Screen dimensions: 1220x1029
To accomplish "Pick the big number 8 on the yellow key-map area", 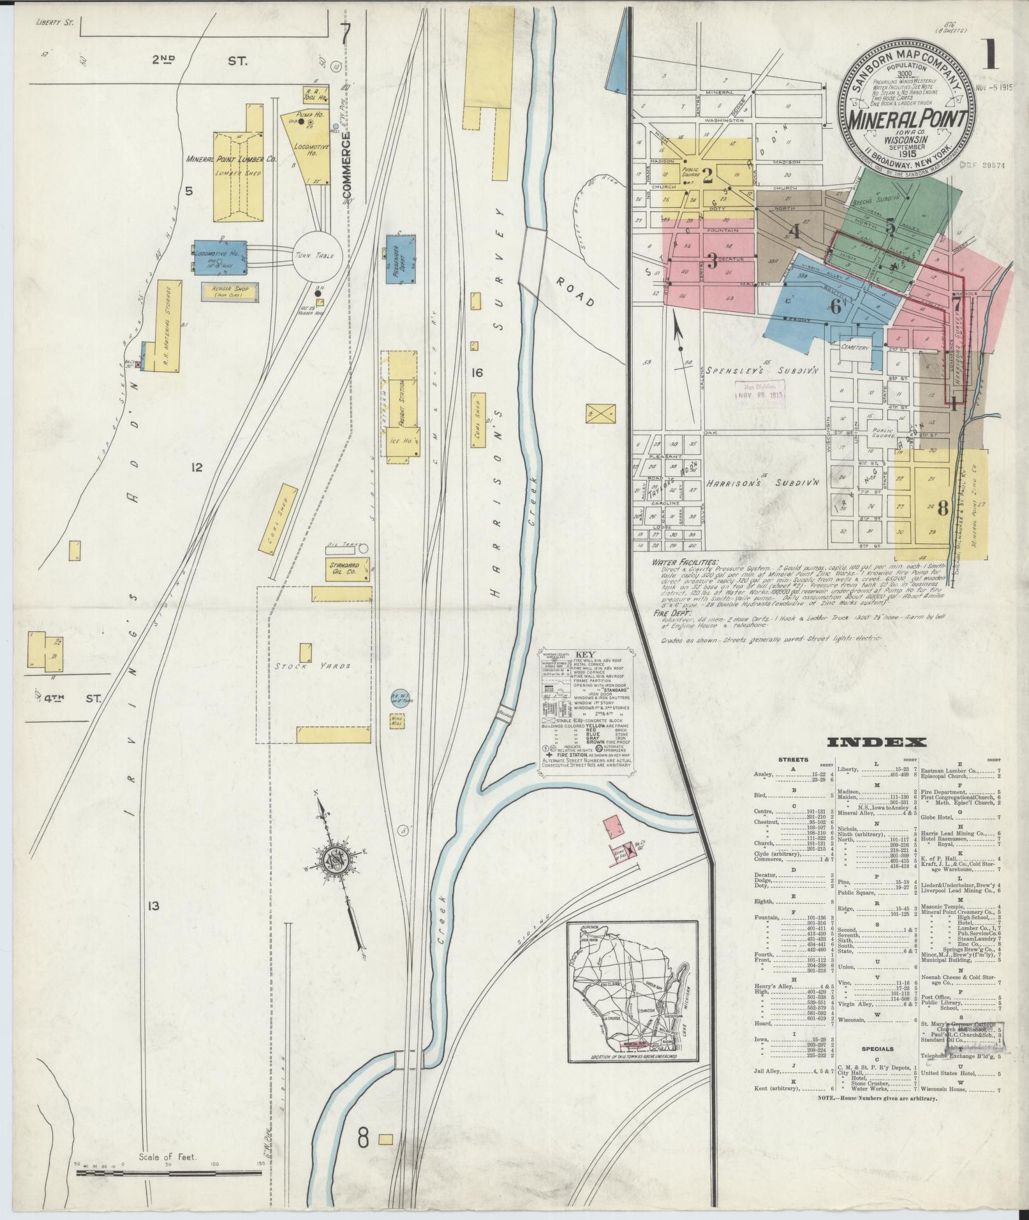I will (x=942, y=508).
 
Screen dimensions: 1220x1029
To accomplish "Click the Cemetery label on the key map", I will (x=855, y=348).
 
